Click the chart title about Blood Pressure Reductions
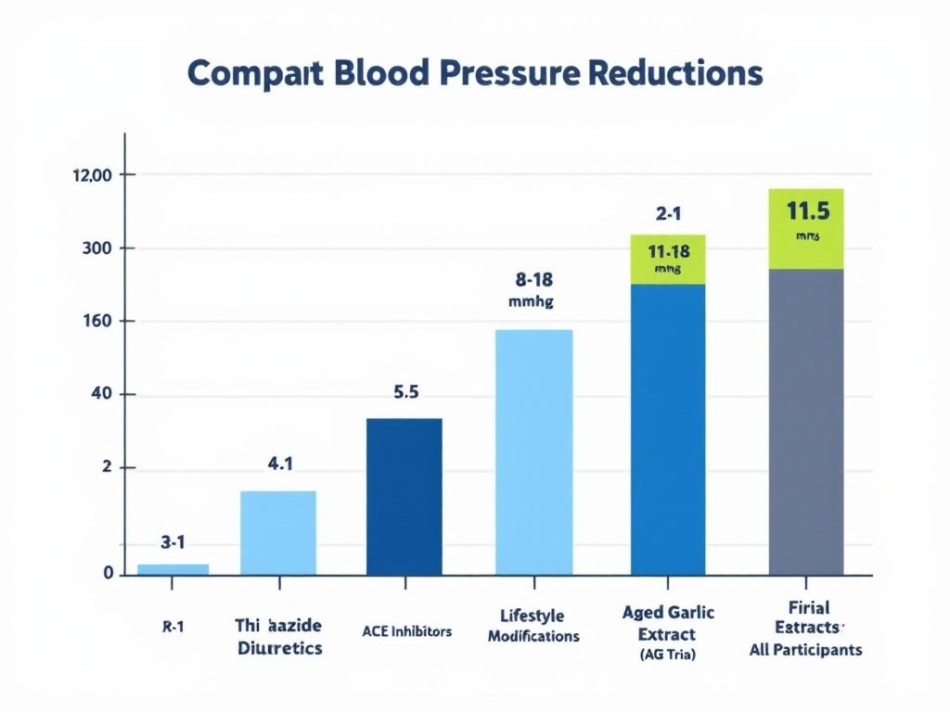pos(474,73)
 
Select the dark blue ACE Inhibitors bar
pos(404,496)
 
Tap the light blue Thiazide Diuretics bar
pos(277,532)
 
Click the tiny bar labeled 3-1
pos(173,568)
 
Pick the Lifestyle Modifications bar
pos(533,451)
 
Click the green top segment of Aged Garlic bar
pos(667,260)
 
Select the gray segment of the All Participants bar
pos(805,421)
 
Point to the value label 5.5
pos(406,392)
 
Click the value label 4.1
pos(280,464)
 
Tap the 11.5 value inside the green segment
pos(807,211)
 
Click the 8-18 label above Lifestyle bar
pos(533,278)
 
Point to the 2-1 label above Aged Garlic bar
pos(668,214)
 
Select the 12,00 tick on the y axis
pos(91,175)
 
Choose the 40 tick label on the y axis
pos(99,395)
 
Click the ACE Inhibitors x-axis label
pos(406,631)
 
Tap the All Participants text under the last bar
pos(805,650)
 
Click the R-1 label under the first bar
pos(172,627)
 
